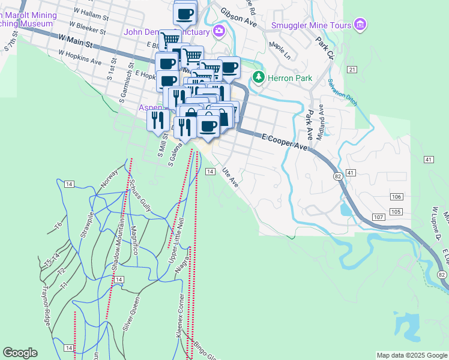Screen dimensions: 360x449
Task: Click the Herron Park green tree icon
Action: coord(259,77)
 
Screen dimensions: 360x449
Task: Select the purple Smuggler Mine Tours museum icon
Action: coord(360,25)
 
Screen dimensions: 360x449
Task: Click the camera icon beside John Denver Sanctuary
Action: coord(219,31)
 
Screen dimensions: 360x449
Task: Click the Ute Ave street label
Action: coord(231,178)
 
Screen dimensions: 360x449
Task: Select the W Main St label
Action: coord(76,41)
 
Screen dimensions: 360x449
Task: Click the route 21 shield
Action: coord(352,70)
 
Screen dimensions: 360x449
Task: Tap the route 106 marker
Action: coord(395,197)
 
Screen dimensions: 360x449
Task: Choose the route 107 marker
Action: coord(378,216)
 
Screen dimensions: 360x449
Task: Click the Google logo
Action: coord(20,353)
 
